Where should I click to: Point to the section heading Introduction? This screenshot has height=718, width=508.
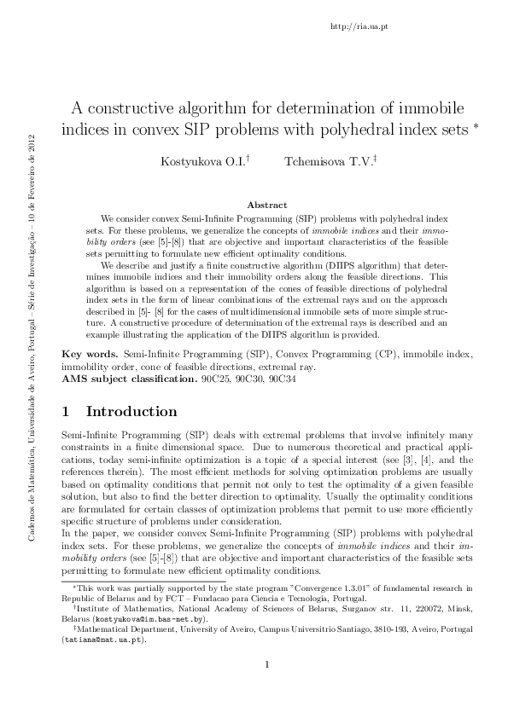click(132, 412)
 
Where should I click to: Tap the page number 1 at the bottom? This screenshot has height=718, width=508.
click(266, 689)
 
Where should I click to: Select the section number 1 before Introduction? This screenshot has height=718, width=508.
click(67, 412)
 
